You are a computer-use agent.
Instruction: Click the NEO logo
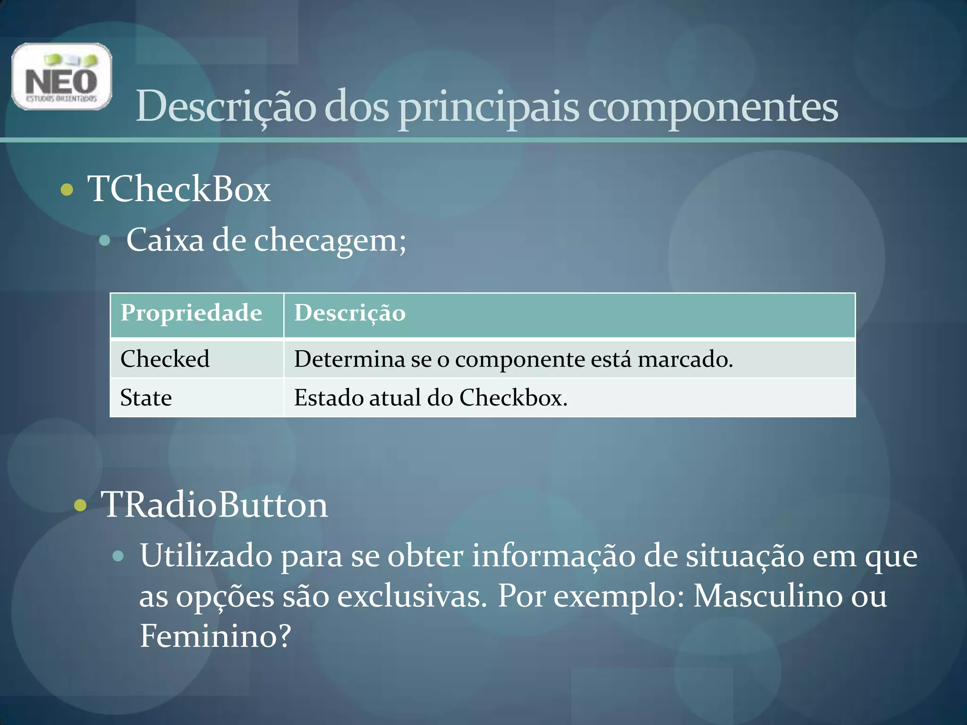61,76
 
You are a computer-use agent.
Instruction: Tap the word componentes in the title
713,107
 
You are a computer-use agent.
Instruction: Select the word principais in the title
488,107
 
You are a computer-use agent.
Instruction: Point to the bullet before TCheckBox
67,190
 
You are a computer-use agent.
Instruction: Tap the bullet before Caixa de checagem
105,241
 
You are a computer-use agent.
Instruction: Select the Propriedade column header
191,313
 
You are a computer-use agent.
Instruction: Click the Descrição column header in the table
350,313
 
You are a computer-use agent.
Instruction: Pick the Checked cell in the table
165,359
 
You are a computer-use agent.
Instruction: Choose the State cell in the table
146,397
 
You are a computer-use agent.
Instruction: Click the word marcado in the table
685,359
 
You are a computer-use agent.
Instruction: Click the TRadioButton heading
214,505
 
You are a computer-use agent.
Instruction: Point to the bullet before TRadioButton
81,506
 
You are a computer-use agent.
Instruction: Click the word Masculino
767,596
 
